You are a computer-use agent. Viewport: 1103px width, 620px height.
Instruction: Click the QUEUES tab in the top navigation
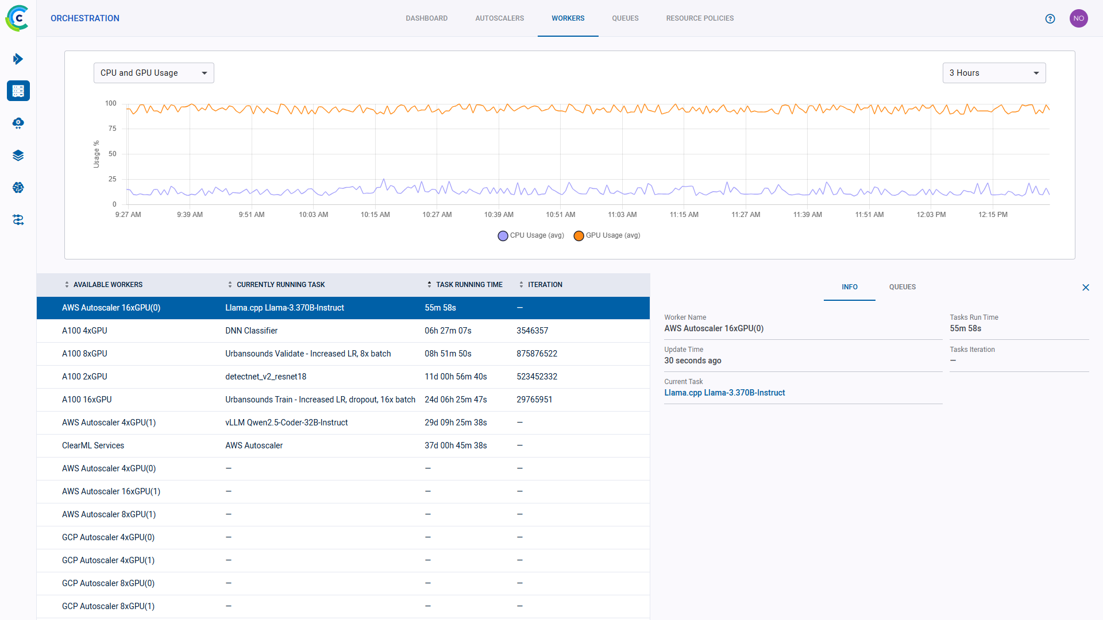point(625,18)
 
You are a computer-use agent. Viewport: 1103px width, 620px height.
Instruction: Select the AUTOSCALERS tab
point(499,18)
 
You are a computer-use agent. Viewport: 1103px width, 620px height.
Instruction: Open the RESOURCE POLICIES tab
point(700,18)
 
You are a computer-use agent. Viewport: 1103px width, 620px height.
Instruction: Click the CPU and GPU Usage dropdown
point(153,73)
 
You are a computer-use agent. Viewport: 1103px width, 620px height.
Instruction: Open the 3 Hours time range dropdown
point(994,73)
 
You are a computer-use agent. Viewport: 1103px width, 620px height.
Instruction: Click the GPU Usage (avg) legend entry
point(607,235)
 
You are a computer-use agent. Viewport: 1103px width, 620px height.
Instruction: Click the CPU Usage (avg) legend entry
point(531,235)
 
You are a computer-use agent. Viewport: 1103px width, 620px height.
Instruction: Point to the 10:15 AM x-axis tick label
point(375,215)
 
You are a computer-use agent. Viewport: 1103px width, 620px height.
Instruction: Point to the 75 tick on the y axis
point(113,129)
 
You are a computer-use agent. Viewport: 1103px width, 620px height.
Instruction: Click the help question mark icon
point(1050,18)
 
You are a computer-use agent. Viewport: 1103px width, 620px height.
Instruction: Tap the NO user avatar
point(1078,18)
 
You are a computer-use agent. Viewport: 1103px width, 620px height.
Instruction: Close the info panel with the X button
point(1086,288)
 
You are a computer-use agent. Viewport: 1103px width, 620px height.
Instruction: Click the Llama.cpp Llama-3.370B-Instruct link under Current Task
point(724,393)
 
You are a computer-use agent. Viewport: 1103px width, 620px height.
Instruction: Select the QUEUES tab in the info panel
point(902,287)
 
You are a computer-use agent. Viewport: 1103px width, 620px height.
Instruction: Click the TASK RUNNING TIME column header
point(469,285)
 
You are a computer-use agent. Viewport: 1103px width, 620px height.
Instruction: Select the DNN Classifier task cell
point(251,331)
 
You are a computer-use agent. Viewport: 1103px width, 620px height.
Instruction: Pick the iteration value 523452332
point(537,377)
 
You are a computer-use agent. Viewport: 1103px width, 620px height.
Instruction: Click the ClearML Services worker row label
point(93,445)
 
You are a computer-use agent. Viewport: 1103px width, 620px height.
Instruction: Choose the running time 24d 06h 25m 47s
point(456,400)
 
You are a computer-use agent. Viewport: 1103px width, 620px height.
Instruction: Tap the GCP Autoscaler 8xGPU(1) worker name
point(108,606)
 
